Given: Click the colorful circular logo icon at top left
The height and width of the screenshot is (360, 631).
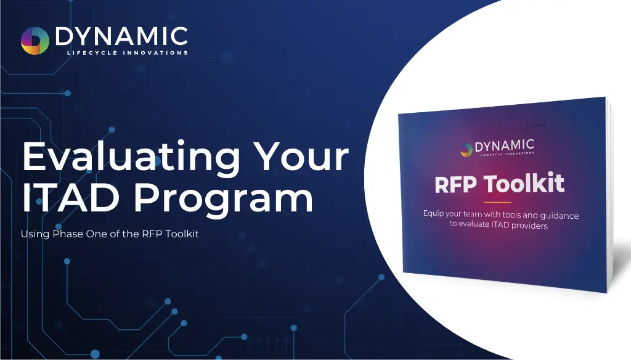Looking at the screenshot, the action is (35, 41).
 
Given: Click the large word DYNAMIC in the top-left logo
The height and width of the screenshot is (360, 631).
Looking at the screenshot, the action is (121, 36).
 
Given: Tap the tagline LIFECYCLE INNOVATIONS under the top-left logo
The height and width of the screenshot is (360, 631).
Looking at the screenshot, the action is (127, 53).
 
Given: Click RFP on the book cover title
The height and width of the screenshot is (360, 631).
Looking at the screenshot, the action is (455, 185).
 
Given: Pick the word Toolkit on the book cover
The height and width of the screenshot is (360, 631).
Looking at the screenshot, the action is (524, 183).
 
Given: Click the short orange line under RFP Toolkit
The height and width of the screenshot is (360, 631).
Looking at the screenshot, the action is (497, 202).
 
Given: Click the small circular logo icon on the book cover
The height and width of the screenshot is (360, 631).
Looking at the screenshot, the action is (466, 150).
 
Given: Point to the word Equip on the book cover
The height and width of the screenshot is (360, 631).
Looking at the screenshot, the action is (434, 214).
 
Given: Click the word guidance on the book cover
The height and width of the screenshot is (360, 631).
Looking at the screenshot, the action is (560, 216).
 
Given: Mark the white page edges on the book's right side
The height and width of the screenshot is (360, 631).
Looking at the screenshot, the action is (609, 195).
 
